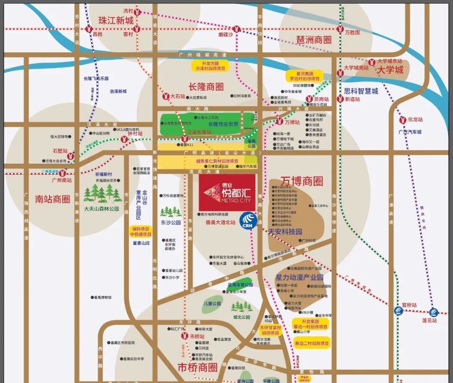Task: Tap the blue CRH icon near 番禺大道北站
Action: (x=248, y=219)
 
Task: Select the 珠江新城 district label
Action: (x=116, y=20)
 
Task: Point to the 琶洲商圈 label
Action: (x=314, y=39)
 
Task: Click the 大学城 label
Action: (x=390, y=69)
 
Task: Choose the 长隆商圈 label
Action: (x=206, y=87)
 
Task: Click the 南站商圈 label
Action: (x=52, y=199)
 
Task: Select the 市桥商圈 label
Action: (x=198, y=367)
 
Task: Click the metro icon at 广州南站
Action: (x=62, y=172)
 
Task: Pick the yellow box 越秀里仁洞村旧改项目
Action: (x=217, y=161)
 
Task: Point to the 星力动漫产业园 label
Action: (x=299, y=278)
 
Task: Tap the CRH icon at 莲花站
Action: (x=433, y=312)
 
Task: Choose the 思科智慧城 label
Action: (x=361, y=91)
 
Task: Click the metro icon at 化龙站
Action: (x=402, y=120)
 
